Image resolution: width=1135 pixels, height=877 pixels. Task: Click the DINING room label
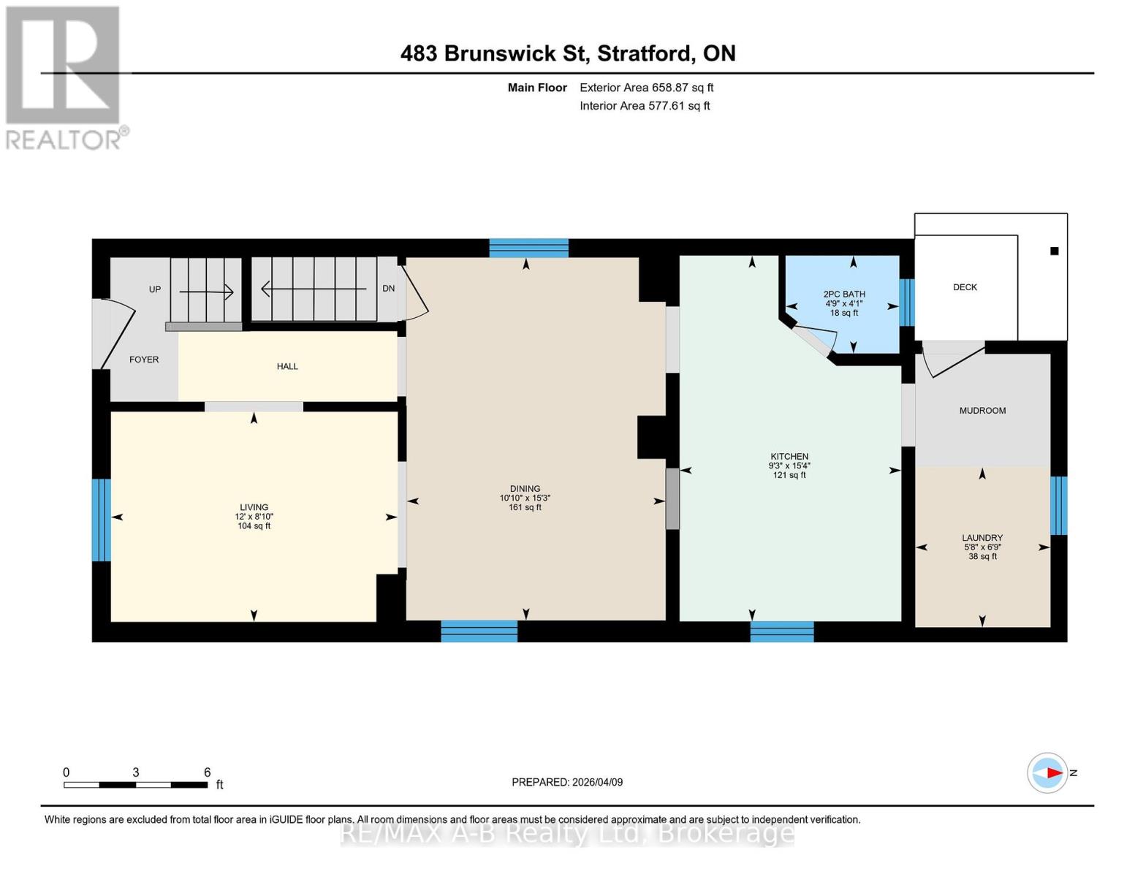click(x=525, y=489)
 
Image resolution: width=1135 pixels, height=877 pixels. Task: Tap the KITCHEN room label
click(x=789, y=457)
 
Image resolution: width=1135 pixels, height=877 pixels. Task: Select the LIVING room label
click(x=254, y=507)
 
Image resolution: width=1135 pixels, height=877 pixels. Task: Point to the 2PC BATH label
click(x=844, y=295)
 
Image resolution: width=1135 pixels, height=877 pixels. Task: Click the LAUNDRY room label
click(x=982, y=538)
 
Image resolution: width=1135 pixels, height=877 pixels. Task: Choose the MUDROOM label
click(x=982, y=411)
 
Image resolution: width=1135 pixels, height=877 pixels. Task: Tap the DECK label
click(x=965, y=287)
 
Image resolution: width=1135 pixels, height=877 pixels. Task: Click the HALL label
click(x=287, y=366)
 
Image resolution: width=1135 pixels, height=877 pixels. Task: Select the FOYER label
click(x=144, y=360)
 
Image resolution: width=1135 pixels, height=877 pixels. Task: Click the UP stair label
click(x=155, y=289)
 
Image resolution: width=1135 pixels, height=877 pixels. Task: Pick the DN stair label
click(x=388, y=289)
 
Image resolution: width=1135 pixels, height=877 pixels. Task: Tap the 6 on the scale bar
click(x=208, y=772)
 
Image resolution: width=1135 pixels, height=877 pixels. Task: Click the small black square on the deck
click(x=1054, y=251)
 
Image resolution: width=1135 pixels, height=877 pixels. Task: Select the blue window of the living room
click(x=102, y=520)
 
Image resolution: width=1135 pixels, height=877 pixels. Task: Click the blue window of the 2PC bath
click(x=906, y=303)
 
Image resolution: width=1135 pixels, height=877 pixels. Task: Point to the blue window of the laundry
click(x=1058, y=506)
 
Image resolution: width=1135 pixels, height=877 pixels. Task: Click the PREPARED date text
click(x=567, y=782)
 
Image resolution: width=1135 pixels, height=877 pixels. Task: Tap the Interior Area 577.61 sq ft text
click(x=645, y=106)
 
